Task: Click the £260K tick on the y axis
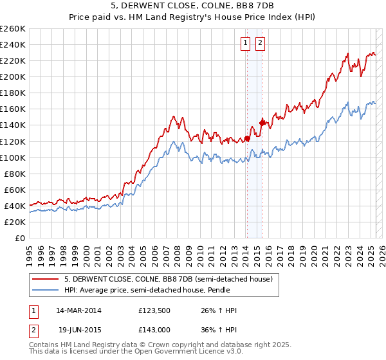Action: tap(12, 28)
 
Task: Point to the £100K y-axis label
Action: tap(12, 157)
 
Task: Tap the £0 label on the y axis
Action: tap(20, 238)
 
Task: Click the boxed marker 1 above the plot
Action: tap(246, 44)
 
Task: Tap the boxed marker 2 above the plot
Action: tap(260, 44)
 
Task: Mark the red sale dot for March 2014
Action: tap(247, 138)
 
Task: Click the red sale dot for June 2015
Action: tap(262, 122)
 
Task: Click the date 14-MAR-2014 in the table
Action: tap(79, 311)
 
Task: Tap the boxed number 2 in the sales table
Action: tap(32, 329)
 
